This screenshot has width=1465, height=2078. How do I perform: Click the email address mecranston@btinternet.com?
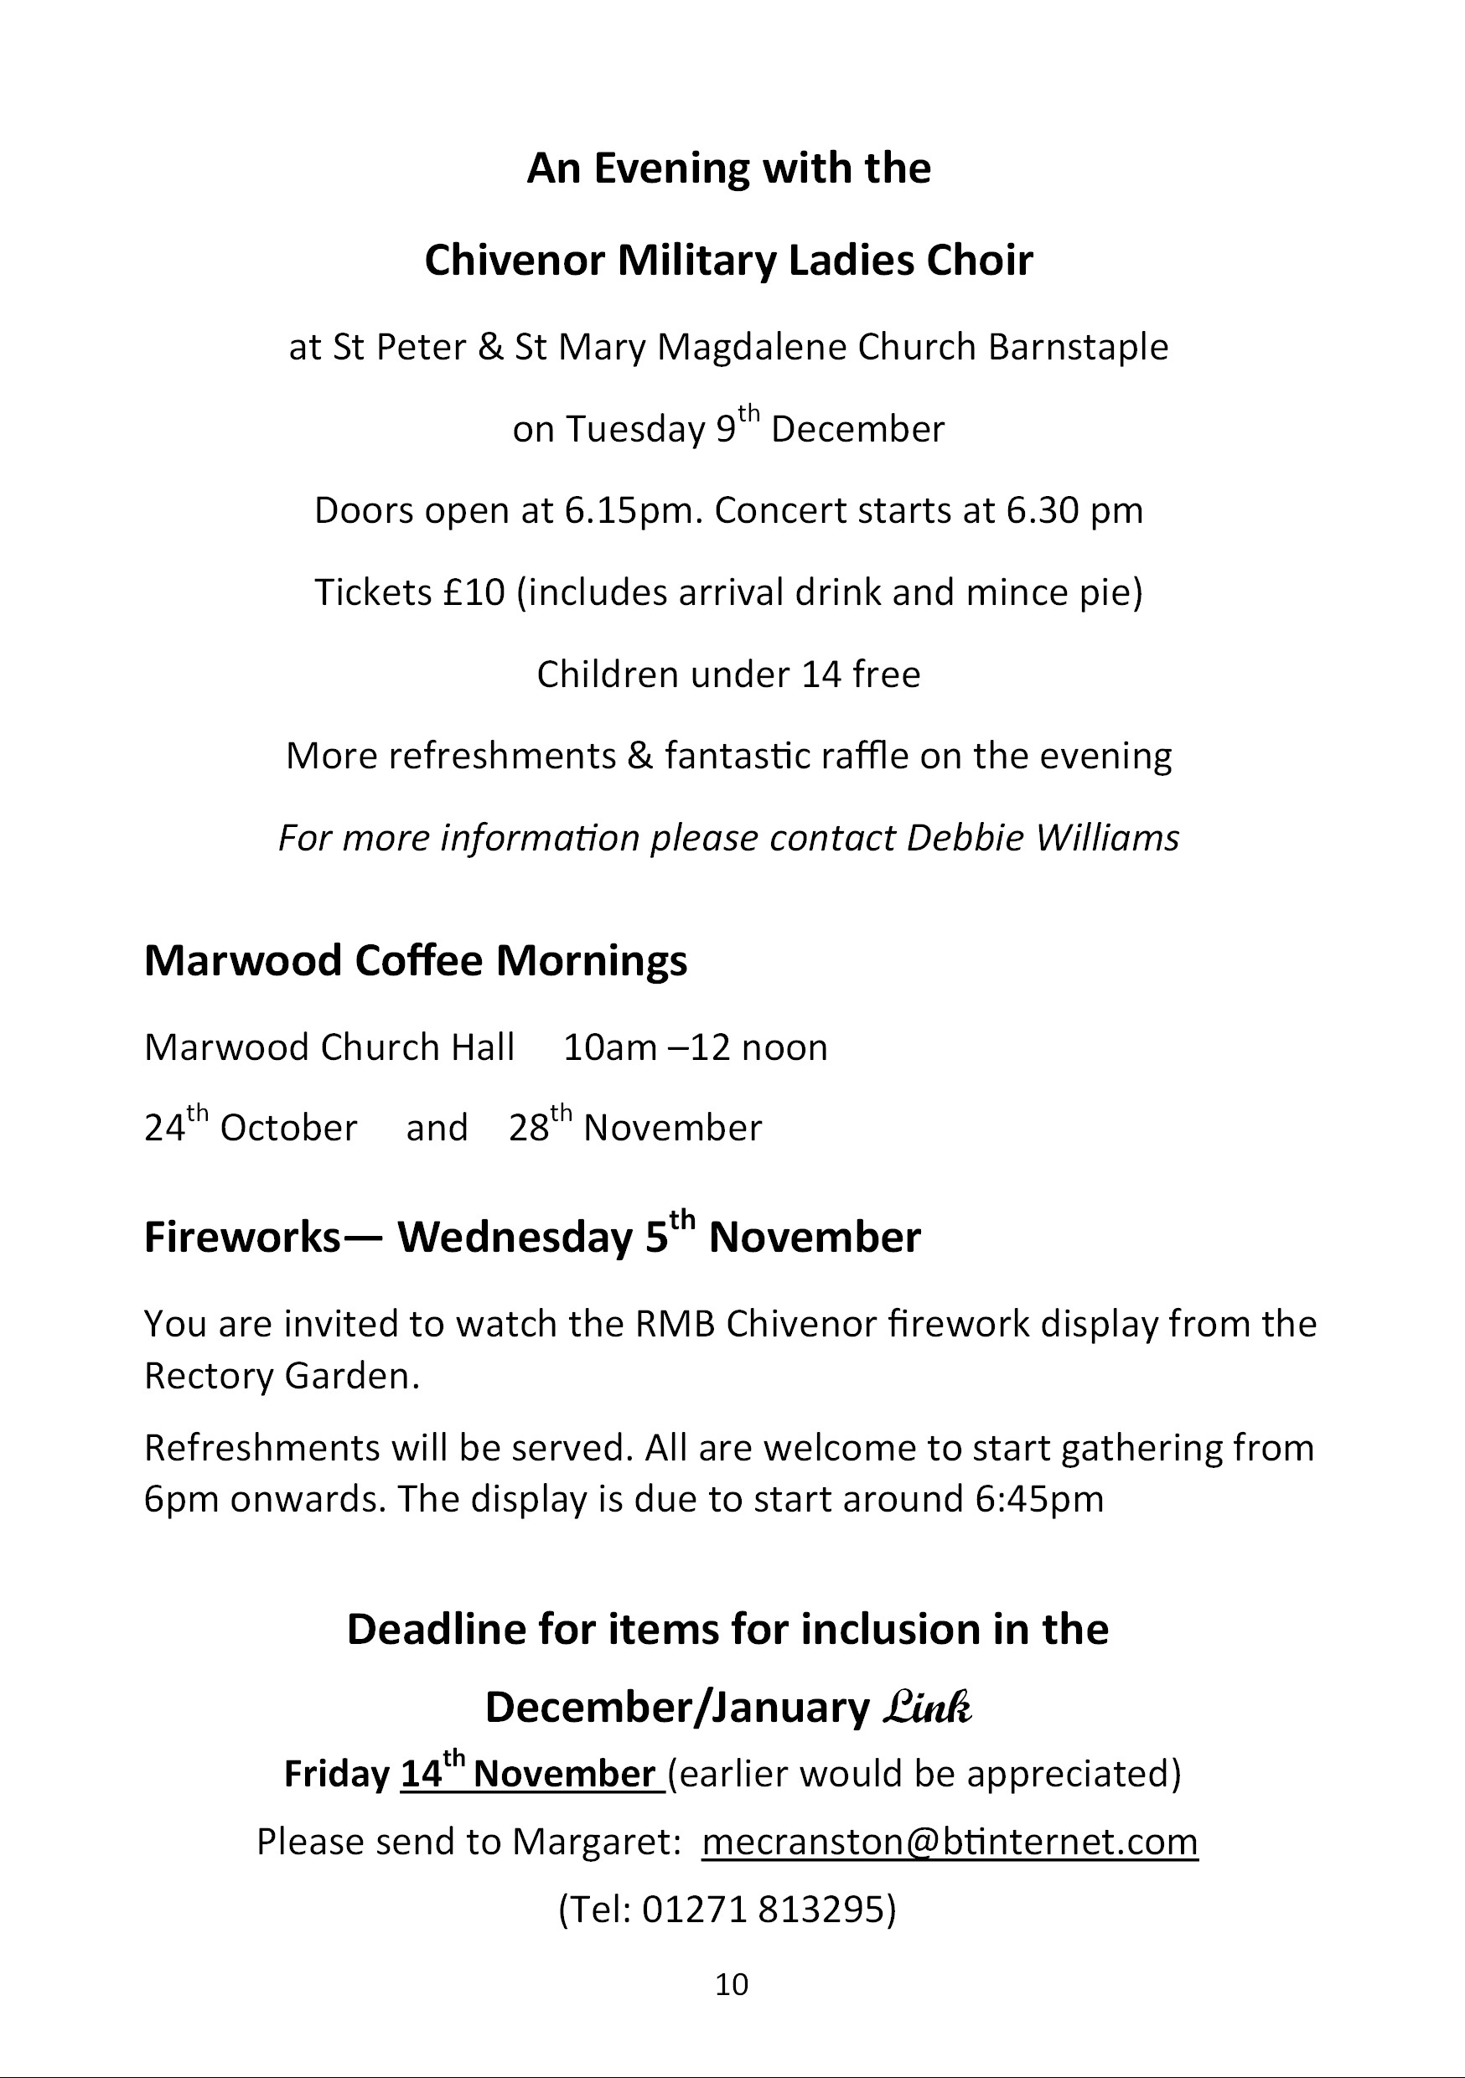(x=949, y=1843)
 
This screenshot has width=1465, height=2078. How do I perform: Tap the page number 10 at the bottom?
(x=732, y=1985)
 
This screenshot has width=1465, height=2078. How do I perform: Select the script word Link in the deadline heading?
(x=926, y=1708)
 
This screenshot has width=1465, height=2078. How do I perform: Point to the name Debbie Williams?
(x=1042, y=838)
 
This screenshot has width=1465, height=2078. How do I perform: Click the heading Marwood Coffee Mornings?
(x=416, y=960)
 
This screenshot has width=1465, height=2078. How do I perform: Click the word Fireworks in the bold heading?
(x=241, y=1238)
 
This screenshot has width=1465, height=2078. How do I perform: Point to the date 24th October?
(x=251, y=1128)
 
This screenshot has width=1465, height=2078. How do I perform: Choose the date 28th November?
(x=634, y=1128)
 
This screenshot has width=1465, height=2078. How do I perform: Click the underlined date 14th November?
(x=531, y=1774)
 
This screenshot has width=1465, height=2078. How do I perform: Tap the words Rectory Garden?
(x=281, y=1377)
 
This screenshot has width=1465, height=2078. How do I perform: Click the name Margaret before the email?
(x=593, y=1843)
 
